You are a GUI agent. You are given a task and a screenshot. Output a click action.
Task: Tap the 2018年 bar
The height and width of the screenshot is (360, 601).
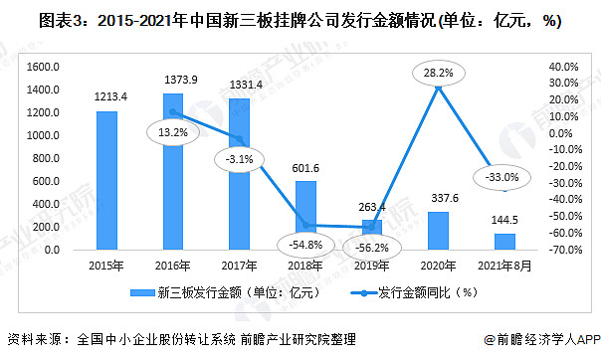point(305,214)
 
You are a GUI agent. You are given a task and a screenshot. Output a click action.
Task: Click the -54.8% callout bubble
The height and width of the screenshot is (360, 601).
point(305,244)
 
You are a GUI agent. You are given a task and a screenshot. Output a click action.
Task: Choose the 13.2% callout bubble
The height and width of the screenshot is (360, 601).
point(170,129)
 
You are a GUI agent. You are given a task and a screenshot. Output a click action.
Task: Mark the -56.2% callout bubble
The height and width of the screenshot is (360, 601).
point(370,246)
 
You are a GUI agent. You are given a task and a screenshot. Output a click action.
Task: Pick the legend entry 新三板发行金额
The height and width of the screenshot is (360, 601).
point(224,292)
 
